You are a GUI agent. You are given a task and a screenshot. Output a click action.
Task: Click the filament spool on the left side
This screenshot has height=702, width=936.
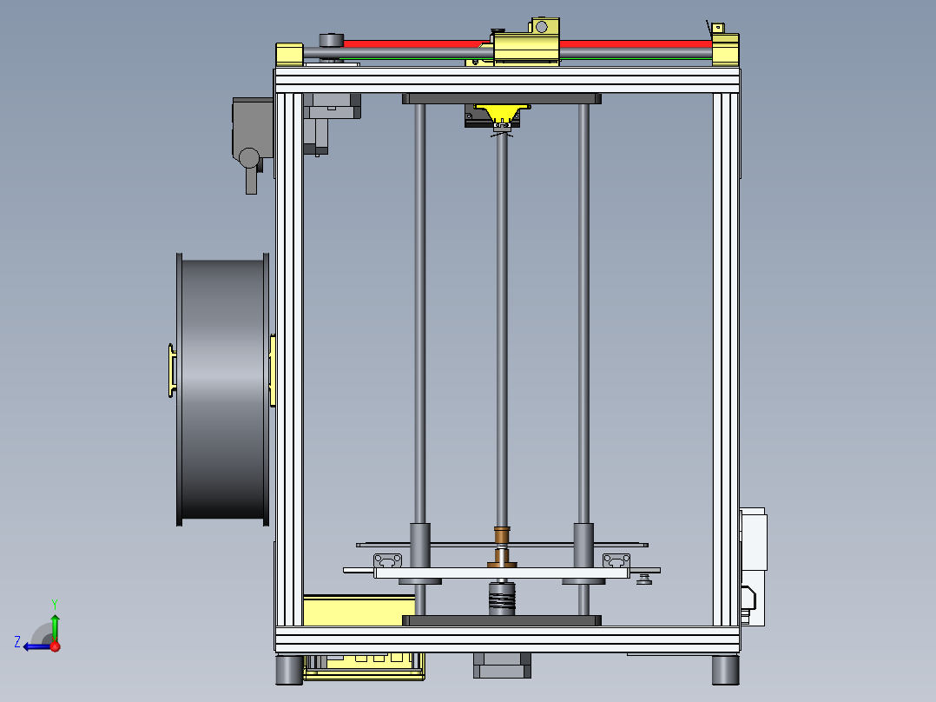click(x=221, y=389)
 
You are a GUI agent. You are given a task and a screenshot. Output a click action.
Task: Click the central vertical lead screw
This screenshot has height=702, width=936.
click(x=502, y=330)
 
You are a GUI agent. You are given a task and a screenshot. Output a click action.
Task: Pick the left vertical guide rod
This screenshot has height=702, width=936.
click(x=419, y=313)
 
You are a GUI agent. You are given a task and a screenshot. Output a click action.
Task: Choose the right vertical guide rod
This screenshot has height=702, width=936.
click(x=583, y=313)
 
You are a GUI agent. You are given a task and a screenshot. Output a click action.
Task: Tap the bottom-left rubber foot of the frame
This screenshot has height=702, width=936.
click(x=288, y=669)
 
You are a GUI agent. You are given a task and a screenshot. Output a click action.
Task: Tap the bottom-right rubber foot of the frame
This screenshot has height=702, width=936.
click(x=725, y=669)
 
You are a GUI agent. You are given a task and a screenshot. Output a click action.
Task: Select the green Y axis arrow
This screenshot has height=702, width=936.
click(x=55, y=624)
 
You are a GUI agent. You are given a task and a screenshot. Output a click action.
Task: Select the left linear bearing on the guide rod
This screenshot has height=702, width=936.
click(x=420, y=545)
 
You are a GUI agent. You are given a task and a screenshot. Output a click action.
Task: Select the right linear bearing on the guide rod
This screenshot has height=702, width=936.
click(x=583, y=545)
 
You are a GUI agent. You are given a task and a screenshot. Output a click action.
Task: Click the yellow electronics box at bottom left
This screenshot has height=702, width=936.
click(x=347, y=610)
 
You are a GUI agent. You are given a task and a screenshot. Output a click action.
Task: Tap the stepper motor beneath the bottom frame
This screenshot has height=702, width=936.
click(x=502, y=666)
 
